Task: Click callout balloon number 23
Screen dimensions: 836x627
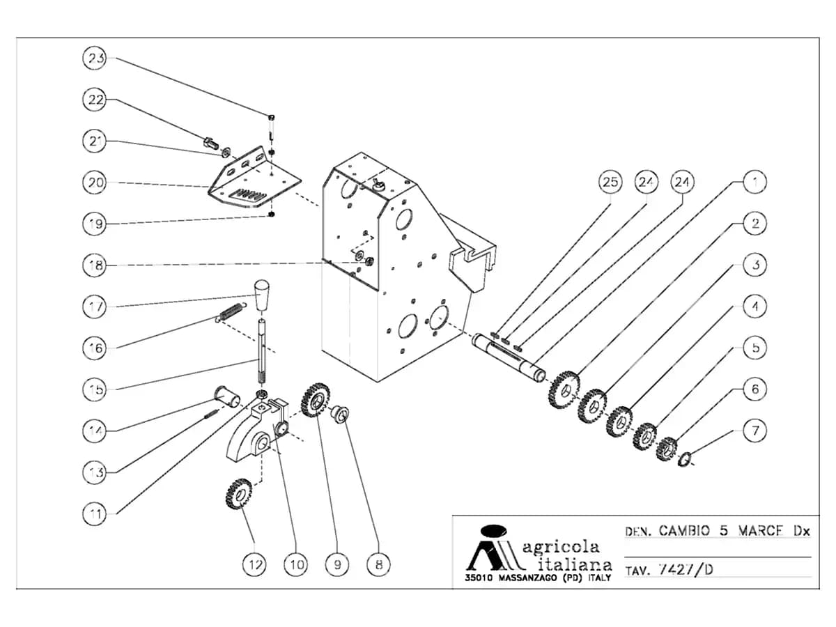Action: tap(95, 59)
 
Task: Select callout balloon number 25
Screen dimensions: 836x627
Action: tap(610, 182)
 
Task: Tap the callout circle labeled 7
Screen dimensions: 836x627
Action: tap(755, 431)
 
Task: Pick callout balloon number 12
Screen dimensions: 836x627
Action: tap(255, 564)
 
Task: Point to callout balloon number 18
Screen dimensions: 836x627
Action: tap(95, 265)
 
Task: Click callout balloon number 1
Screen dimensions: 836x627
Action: tap(755, 182)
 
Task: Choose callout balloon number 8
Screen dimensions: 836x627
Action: tap(378, 564)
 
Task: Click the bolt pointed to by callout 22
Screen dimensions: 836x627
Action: tap(212, 143)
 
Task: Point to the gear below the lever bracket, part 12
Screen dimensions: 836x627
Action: tap(239, 494)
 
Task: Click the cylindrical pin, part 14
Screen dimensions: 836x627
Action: tap(227, 396)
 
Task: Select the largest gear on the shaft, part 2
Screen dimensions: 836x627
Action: tap(564, 389)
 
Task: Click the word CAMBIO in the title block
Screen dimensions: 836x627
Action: tap(684, 530)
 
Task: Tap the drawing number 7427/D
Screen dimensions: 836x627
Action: tap(686, 569)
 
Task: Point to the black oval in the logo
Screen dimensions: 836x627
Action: tap(494, 530)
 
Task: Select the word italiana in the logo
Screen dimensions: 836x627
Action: tap(575, 564)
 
